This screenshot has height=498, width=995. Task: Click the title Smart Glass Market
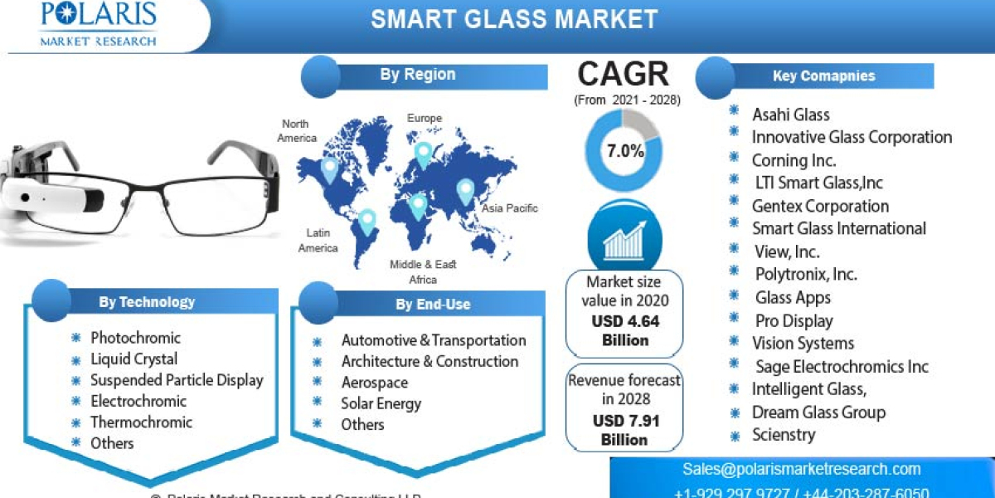(514, 19)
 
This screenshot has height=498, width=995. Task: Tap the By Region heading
(418, 75)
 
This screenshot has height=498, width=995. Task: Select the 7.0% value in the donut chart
(625, 151)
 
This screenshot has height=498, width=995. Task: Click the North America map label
(296, 131)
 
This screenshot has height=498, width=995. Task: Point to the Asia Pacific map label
(510, 208)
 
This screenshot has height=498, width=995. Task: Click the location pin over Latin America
(366, 221)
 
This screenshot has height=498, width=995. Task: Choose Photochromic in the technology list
(135, 338)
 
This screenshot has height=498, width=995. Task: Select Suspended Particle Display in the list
(177, 380)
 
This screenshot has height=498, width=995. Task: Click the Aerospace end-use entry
(375, 383)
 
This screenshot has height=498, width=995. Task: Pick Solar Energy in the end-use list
(381, 403)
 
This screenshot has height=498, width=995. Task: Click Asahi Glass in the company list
(791, 115)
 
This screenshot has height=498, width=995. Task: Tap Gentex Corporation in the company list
(820, 206)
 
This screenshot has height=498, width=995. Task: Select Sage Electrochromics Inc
(842, 366)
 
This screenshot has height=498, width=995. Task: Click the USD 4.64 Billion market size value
(625, 330)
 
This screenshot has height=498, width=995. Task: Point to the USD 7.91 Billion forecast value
(625, 430)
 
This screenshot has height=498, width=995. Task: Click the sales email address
(802, 469)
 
